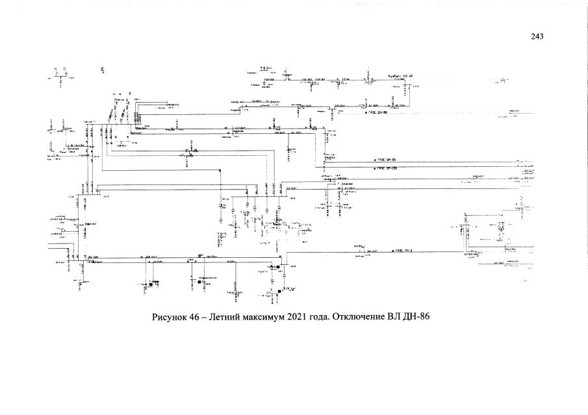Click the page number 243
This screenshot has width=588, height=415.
(537, 36)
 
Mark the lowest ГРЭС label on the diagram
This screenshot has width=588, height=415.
(403, 250)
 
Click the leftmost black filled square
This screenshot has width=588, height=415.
(151, 284)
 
